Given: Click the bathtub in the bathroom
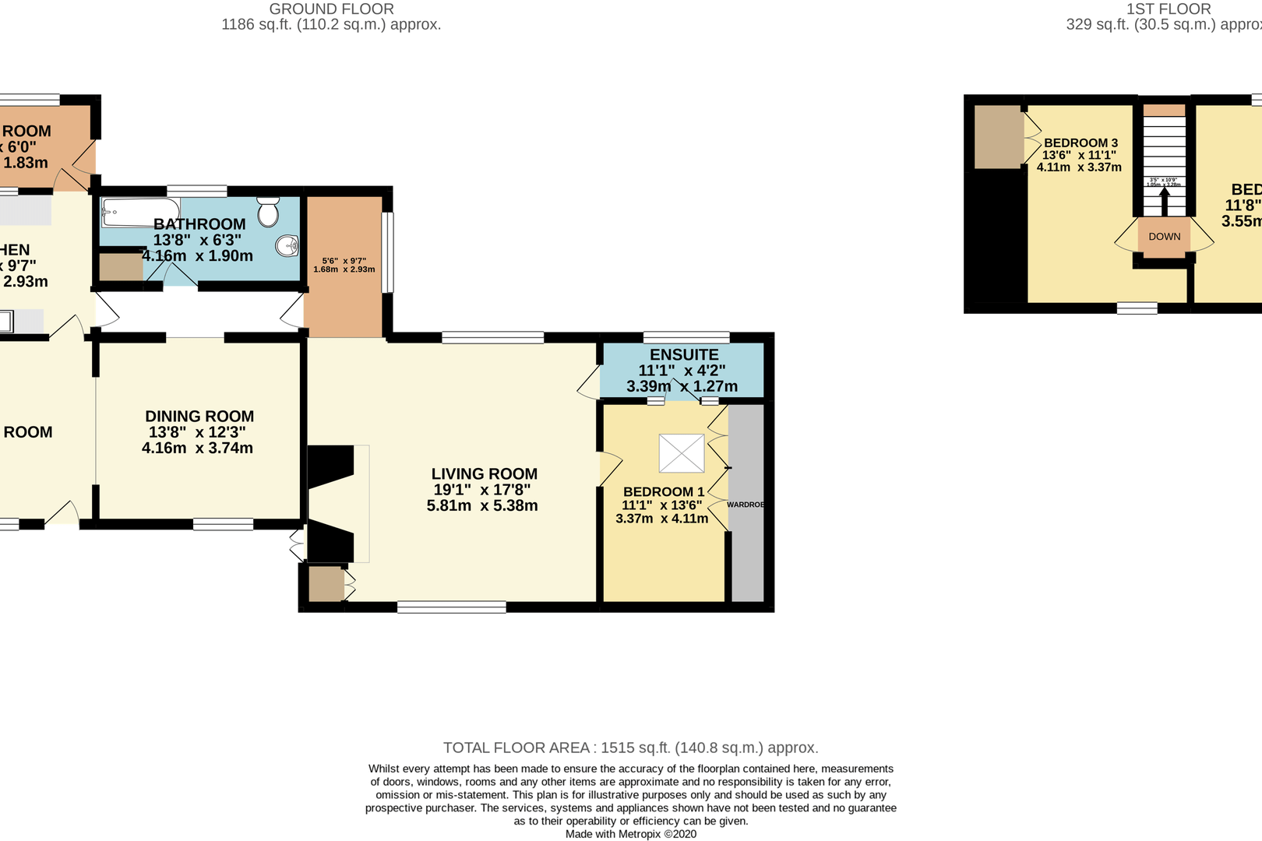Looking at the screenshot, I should [x=140, y=211].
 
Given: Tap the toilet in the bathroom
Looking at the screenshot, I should [x=269, y=210].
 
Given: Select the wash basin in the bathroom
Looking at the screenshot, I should [x=287, y=246].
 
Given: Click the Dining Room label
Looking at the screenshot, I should [x=199, y=417].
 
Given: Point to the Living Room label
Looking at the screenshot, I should [x=484, y=473].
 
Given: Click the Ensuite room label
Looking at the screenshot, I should [x=684, y=354].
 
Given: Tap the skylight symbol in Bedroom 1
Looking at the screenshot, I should [x=682, y=453].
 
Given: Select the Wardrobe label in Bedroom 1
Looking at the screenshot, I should [x=746, y=505].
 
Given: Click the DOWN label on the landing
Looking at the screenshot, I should [x=1164, y=237].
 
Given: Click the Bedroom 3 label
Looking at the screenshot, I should [x=1080, y=143].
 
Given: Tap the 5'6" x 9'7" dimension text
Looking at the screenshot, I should [x=344, y=261].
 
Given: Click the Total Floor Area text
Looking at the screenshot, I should [x=630, y=748].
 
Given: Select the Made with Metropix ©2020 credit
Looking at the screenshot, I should [x=630, y=834].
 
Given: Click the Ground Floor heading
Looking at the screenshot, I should [x=331, y=9].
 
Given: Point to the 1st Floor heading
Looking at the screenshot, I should [x=1169, y=9].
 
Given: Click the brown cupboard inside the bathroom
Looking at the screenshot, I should [x=121, y=266].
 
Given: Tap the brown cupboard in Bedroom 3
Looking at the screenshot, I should [x=998, y=136].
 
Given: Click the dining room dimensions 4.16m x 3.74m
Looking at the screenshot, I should [x=197, y=448].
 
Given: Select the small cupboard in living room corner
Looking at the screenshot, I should [x=326, y=584].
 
